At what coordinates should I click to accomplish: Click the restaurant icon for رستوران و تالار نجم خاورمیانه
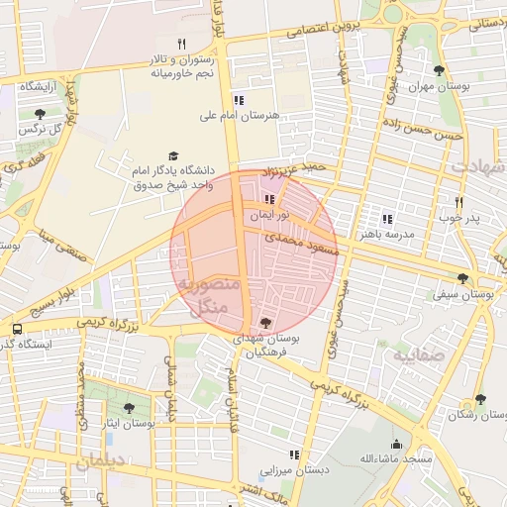pos(180,44)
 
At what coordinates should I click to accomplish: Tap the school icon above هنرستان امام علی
pos(238,99)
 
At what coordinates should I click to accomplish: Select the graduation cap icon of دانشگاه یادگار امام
pos(174,156)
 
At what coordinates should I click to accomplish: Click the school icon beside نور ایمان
pos(270,199)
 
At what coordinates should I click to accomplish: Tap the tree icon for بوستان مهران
pos(439,70)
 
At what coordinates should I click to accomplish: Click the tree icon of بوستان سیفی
pos(462,278)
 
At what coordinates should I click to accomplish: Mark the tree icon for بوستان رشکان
pos(480,399)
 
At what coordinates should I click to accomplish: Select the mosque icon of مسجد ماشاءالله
pos(396,444)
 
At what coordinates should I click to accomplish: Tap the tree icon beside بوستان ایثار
pos(129,407)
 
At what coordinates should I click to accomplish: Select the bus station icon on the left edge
pos(17,329)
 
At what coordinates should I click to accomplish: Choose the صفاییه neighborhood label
pos(414,353)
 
